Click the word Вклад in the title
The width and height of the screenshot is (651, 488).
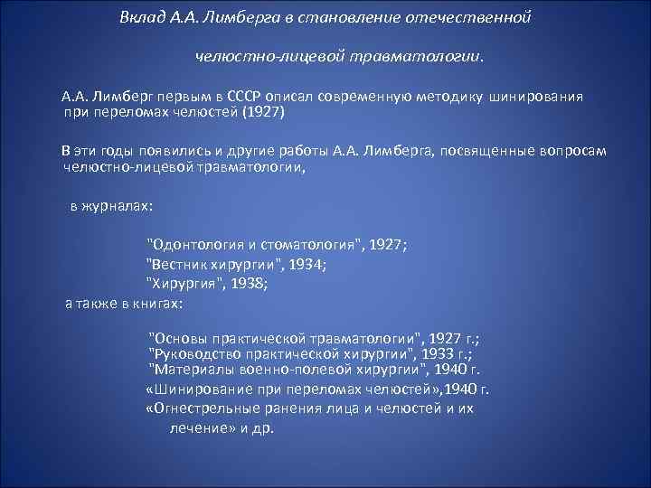pyautogui.click(x=141, y=18)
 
